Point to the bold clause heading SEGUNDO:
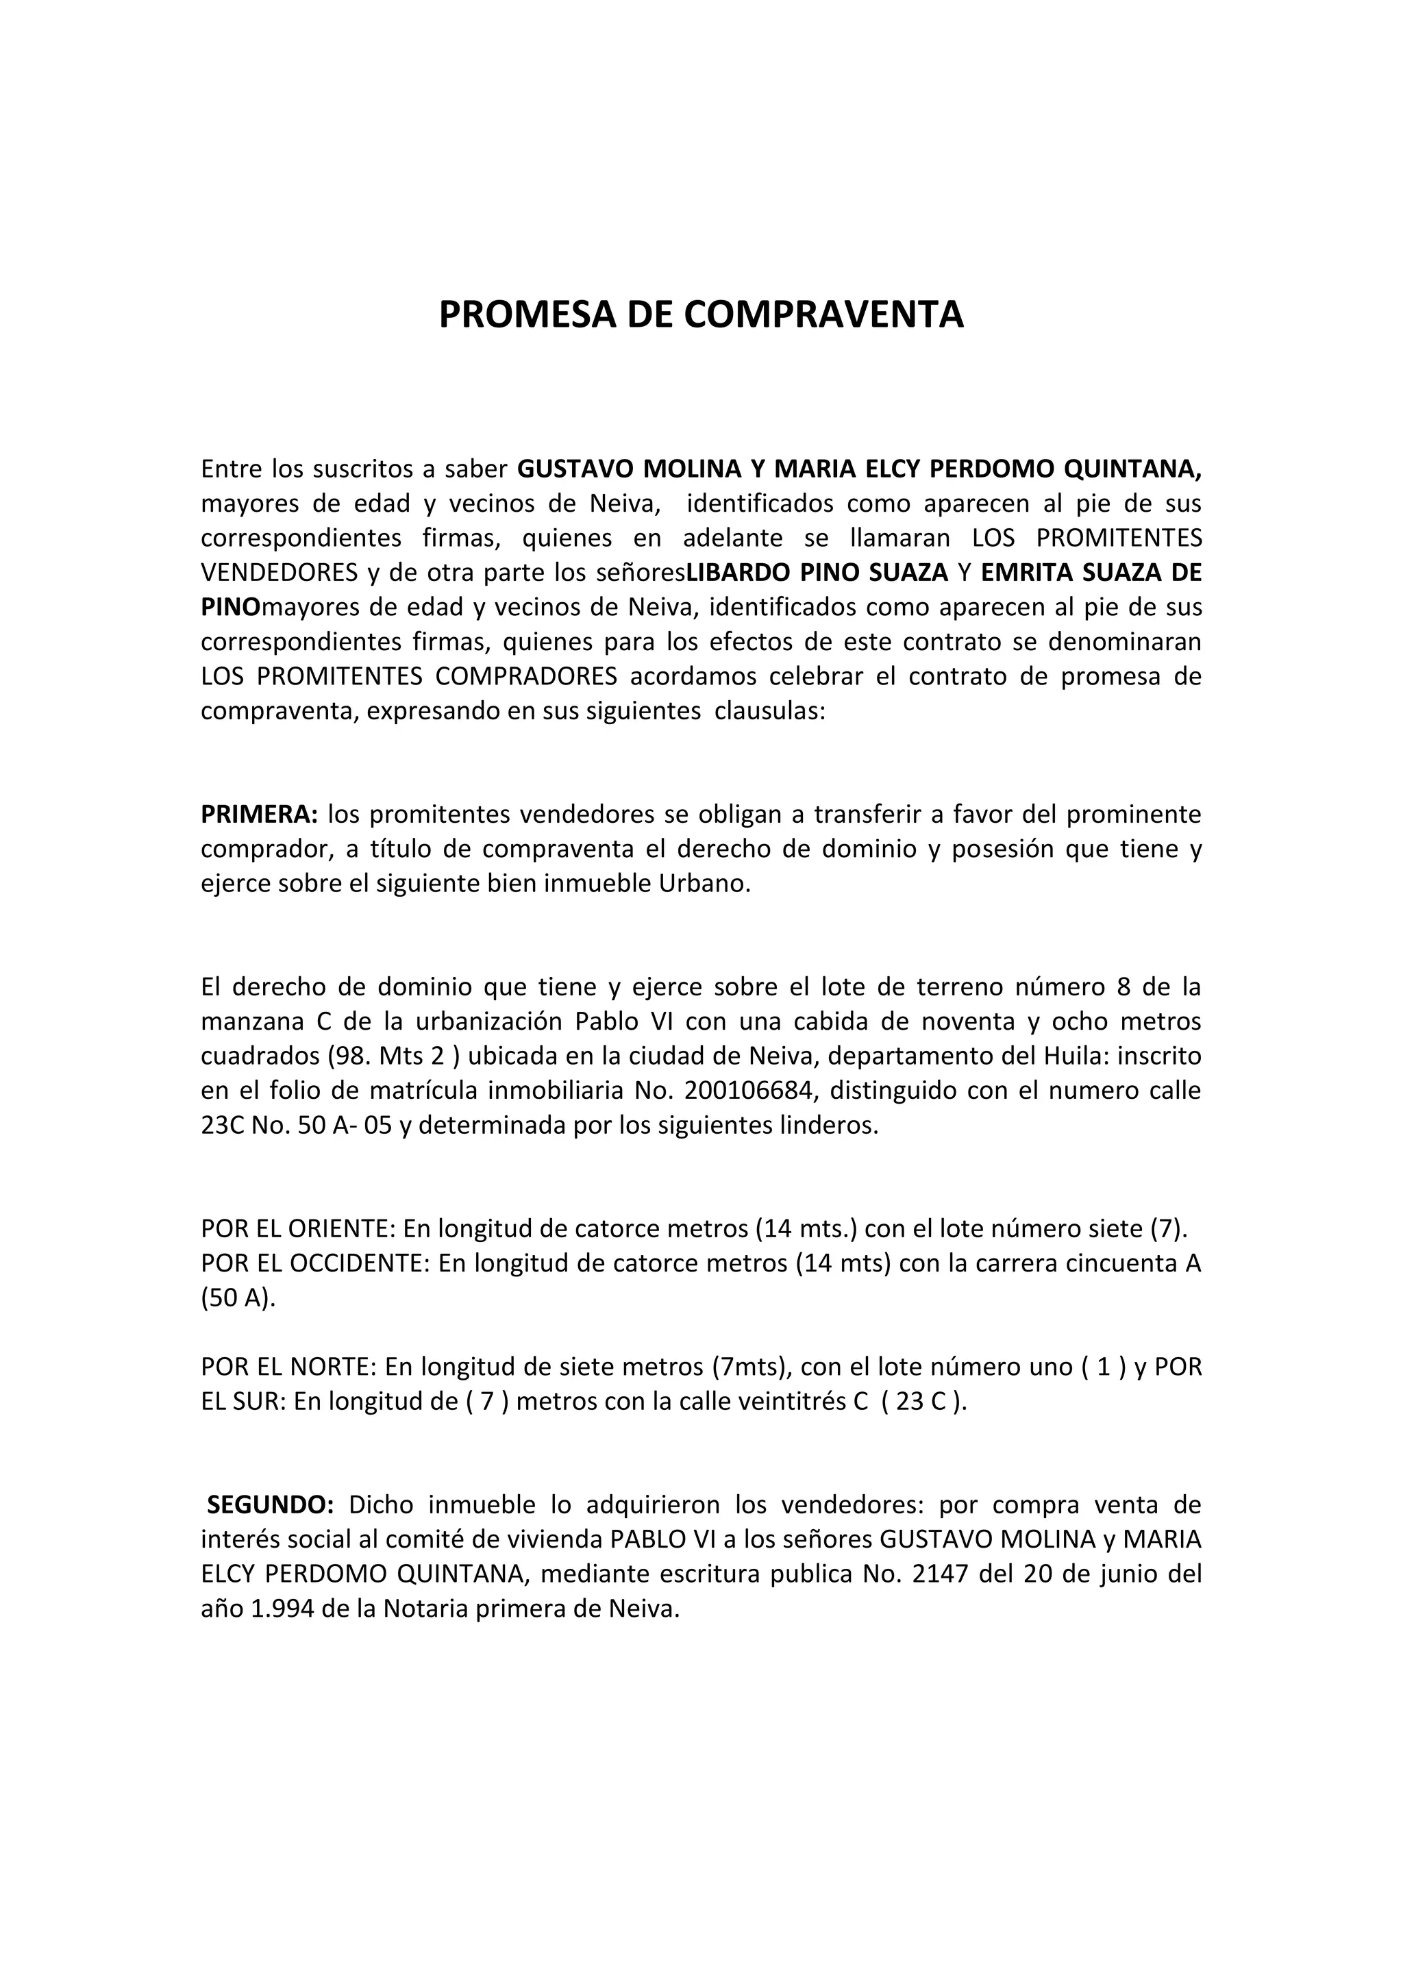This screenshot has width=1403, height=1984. coord(271,1504)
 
